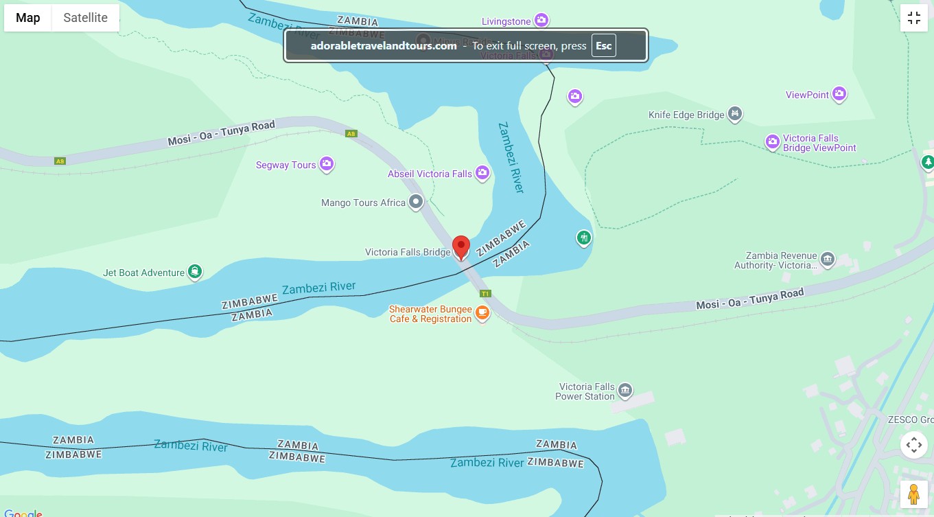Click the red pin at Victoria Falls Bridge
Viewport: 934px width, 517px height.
(x=461, y=246)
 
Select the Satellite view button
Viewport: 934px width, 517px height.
(x=85, y=18)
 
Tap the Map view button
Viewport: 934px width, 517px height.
(x=28, y=18)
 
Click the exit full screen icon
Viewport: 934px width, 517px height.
(x=913, y=19)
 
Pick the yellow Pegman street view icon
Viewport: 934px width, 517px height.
(x=913, y=494)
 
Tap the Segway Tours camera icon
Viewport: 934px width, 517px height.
(x=327, y=164)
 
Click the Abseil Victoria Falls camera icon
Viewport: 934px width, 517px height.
(x=482, y=172)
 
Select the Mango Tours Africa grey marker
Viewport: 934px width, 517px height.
(x=415, y=202)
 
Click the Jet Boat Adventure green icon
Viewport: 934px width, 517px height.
(x=196, y=272)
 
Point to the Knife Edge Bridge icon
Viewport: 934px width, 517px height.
(x=735, y=113)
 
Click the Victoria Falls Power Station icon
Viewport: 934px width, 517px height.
(x=624, y=391)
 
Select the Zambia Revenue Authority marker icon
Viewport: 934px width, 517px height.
(x=827, y=259)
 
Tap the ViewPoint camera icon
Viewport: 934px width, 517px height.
(x=839, y=94)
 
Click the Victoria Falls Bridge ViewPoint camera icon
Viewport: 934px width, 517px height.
(x=773, y=141)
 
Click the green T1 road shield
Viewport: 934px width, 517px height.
(x=485, y=294)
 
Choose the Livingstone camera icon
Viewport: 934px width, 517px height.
(x=541, y=21)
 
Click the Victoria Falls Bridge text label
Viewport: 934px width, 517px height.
(x=408, y=253)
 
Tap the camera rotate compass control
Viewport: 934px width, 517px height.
(x=913, y=445)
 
